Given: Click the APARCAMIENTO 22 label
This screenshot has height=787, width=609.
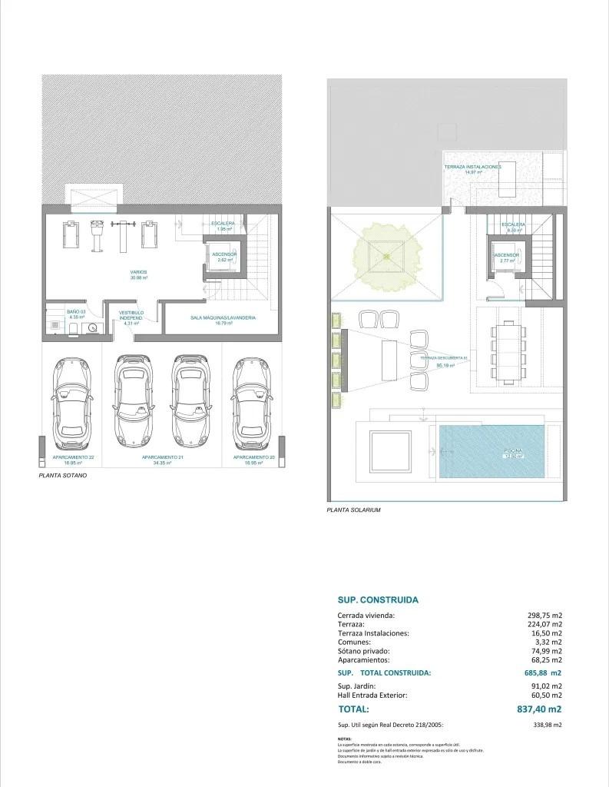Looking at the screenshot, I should (73, 458).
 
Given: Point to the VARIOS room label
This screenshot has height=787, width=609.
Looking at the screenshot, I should (138, 273).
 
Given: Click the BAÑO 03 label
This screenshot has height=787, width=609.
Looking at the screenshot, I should (75, 311).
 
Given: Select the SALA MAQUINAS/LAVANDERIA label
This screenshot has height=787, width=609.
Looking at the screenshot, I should (223, 317).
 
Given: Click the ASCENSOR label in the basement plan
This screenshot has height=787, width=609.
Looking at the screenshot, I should (225, 254).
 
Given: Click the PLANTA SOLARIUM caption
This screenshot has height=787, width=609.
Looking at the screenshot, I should (353, 510).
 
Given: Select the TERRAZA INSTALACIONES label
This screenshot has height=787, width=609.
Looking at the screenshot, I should (472, 167).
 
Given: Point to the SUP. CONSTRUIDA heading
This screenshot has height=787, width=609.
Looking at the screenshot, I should (378, 599).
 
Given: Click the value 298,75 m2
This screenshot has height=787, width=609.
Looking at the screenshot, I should (546, 616).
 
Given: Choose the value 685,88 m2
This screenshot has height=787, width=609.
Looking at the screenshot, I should (544, 672).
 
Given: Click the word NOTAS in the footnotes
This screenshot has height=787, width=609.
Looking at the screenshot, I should (343, 738).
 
